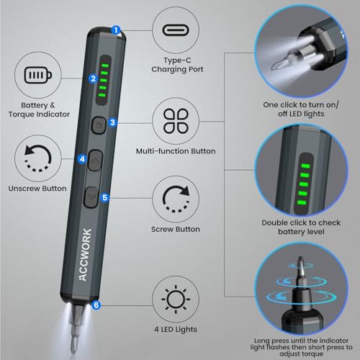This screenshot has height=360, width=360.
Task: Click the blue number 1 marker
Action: pyautogui.click(x=117, y=31)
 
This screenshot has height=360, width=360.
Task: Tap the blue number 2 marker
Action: pyautogui.click(x=93, y=79)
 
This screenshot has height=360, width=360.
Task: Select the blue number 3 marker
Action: pyautogui.click(x=113, y=122)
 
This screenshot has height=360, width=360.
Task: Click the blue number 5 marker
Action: pyautogui.click(x=104, y=196)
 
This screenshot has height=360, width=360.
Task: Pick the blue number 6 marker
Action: pyautogui.click(x=96, y=305)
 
